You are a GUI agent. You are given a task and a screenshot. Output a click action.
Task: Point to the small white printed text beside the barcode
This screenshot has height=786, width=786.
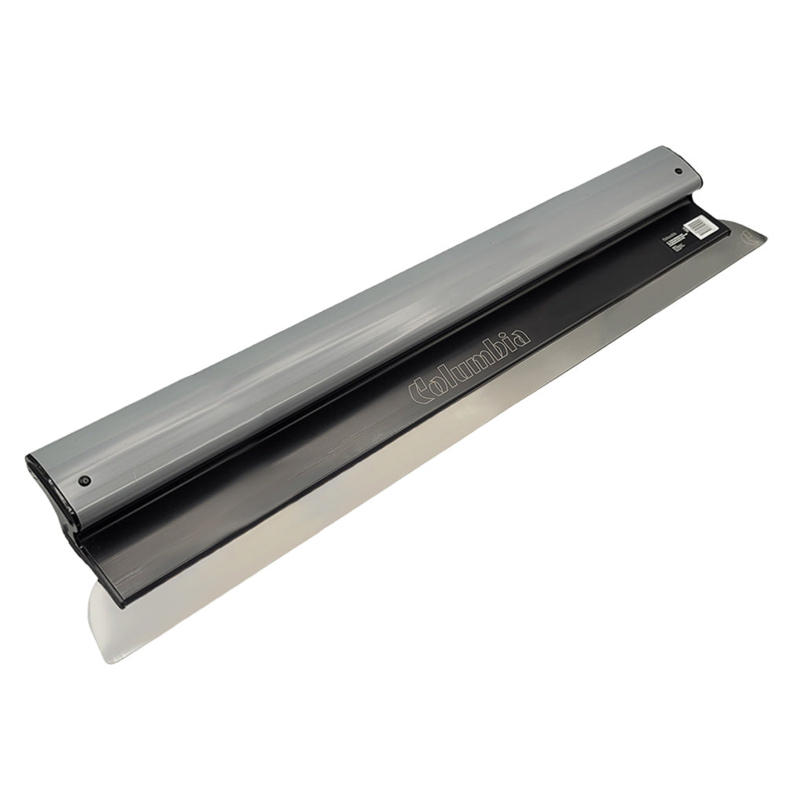coord(670,240)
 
